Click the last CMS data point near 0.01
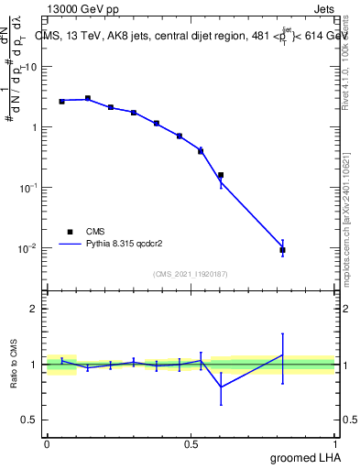click(x=282, y=250)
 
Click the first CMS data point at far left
click(x=61, y=101)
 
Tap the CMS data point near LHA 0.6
click(x=221, y=174)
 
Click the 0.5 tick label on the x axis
click(x=191, y=443)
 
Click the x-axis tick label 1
click(x=335, y=443)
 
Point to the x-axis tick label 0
click(x=47, y=443)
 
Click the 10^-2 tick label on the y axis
click(x=29, y=248)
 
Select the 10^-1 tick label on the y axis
click(x=29, y=188)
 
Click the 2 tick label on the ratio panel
click(x=37, y=310)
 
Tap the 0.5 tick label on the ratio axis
click(x=32, y=420)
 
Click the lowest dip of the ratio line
click(x=221, y=387)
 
